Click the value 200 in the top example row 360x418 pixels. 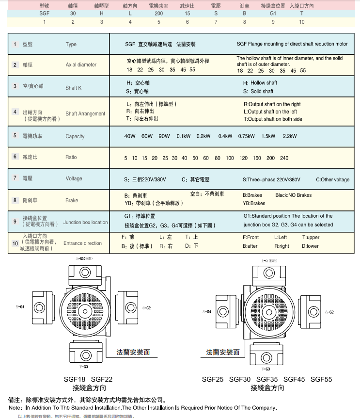coord(158,14)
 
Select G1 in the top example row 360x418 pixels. coord(273,14)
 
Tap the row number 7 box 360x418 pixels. coord(15,178)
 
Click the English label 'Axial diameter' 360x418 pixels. coord(81,64)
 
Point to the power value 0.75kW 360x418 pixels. coord(246,136)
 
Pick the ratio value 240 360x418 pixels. coord(284,158)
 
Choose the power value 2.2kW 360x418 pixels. coord(290,136)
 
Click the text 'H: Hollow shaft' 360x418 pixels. coord(260,83)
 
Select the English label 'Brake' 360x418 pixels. coord(72,200)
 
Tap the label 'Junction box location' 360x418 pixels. coord(86,222)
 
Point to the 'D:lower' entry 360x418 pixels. coord(310,246)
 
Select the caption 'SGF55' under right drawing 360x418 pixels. coord(322,379)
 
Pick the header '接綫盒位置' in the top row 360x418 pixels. coord(273,6)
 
